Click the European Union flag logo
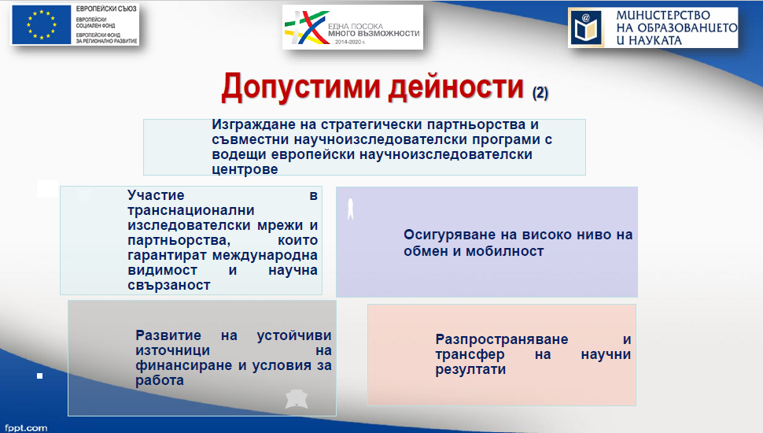click(x=42, y=25)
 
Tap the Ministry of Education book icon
click(x=586, y=28)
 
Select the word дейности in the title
click(x=456, y=87)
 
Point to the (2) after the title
click(x=540, y=93)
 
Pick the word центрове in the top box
click(x=245, y=169)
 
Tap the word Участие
click(x=156, y=195)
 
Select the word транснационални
click(x=190, y=210)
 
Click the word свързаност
click(x=169, y=286)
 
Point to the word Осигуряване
click(x=450, y=235)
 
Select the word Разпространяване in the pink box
click(x=502, y=339)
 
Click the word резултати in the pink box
click(x=470, y=370)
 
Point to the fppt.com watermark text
click(x=26, y=427)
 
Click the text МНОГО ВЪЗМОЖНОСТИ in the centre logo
click(x=374, y=33)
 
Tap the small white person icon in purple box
click(x=350, y=209)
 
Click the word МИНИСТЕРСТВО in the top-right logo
click(x=663, y=16)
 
